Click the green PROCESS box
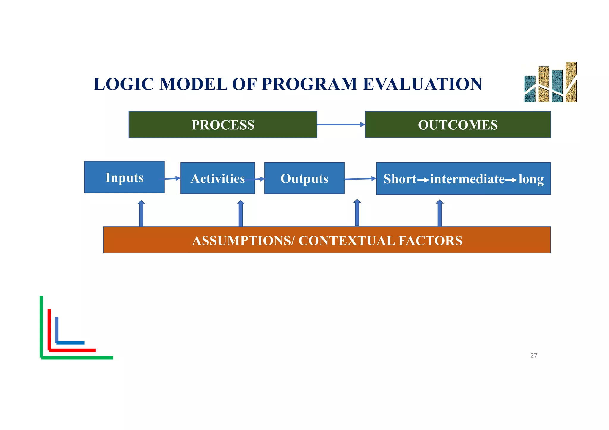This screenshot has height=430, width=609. point(223,125)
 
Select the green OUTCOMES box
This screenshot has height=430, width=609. point(458,125)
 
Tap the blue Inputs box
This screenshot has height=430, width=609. point(124,177)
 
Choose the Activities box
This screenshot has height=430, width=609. point(217,178)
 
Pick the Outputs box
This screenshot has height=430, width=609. point(304,178)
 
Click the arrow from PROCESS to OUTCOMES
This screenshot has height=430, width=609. point(341,125)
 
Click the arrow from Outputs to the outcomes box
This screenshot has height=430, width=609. point(360,179)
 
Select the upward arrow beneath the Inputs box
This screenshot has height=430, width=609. point(141,213)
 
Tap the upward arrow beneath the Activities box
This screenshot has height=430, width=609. point(241,213)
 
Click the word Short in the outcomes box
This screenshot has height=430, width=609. point(400,179)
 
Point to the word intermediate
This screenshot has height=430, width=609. point(467,179)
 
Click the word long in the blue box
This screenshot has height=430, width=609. point(531,179)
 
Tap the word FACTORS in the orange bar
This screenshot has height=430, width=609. point(430,240)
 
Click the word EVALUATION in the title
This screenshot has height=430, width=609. point(422,84)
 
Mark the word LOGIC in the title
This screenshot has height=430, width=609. point(125,84)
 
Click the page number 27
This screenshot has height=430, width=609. point(533,355)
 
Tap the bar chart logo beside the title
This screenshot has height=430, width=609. point(550,83)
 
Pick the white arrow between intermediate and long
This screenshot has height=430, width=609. point(511,180)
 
